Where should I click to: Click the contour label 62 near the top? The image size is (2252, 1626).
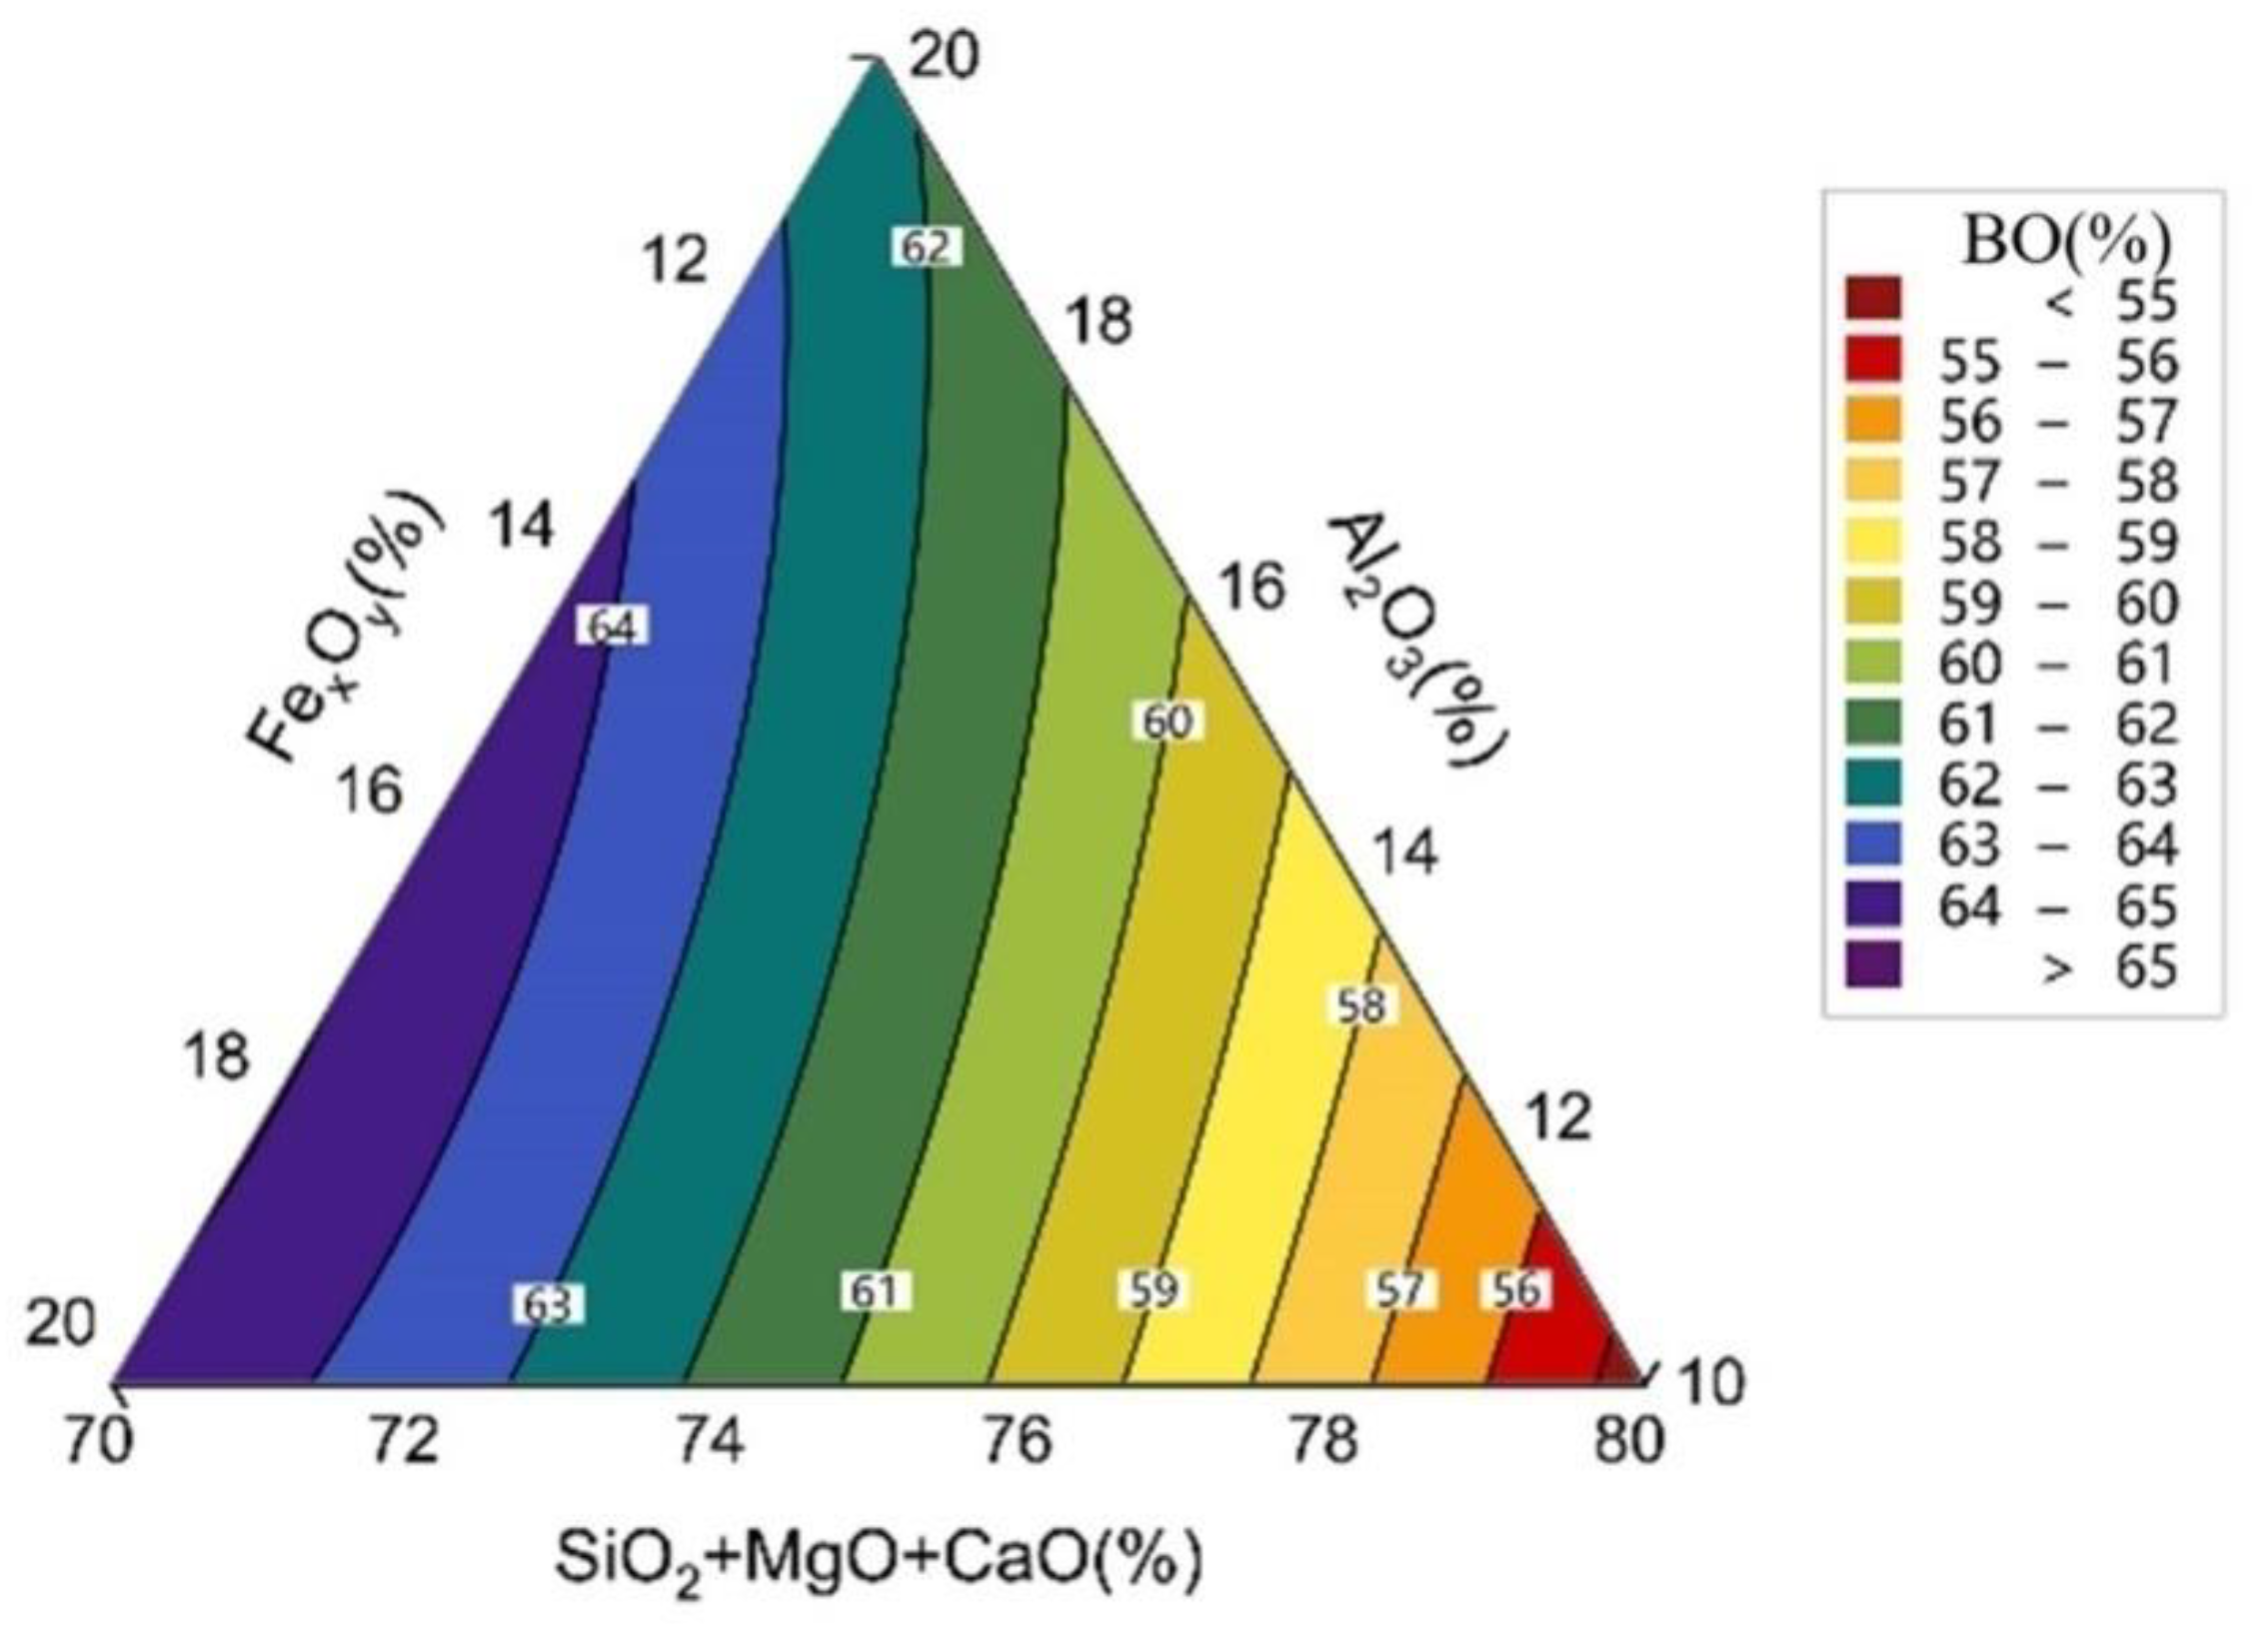926,247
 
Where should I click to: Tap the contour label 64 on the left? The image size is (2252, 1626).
612,628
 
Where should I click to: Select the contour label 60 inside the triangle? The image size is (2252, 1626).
1166,722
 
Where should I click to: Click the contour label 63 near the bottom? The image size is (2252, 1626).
548,1305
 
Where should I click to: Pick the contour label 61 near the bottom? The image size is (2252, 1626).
874,1290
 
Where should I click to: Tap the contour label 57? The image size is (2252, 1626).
1399,1289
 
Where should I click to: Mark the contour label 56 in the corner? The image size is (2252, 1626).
1515,1289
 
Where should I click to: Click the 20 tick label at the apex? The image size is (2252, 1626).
945,57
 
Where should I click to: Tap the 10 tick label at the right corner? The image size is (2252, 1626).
1708,1382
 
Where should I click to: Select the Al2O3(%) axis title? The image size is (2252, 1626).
1417,640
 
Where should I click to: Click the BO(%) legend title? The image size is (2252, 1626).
2067,241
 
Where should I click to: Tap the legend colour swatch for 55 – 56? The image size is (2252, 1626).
1873,360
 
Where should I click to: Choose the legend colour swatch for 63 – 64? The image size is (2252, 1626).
1873,845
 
